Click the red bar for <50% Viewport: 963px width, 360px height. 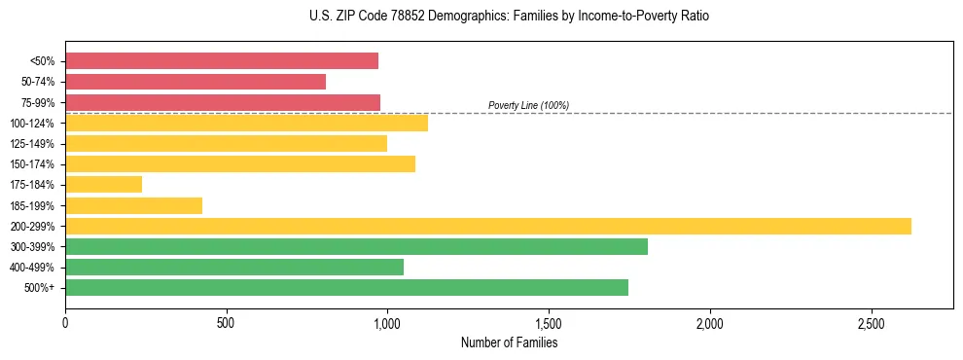222,61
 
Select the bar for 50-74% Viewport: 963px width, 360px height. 196,82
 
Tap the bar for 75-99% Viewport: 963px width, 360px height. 223,102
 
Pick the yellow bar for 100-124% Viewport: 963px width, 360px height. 246,123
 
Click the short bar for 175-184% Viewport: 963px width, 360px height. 104,184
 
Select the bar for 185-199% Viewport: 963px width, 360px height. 134,205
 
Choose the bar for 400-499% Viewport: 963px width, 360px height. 234,267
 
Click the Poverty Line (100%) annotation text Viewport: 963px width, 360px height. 528,105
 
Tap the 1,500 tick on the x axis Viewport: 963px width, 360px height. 549,322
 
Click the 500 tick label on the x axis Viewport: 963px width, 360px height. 227,322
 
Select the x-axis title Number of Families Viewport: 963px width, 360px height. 509,342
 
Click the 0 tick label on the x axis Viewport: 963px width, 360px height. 65,322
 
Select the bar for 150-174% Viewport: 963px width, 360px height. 240,163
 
